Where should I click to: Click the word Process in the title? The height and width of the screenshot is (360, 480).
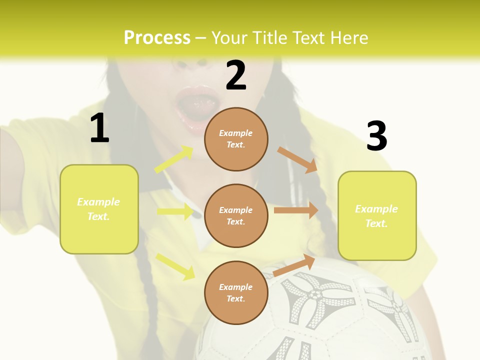click(157, 38)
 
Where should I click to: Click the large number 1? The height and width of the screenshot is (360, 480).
click(99, 128)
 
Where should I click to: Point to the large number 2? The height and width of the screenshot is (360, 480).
click(236, 75)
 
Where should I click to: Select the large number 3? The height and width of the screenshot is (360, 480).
click(376, 136)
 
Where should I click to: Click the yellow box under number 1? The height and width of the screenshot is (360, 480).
click(99, 209)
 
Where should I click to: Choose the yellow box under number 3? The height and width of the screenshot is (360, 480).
click(377, 215)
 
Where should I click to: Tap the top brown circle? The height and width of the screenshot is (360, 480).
click(236, 139)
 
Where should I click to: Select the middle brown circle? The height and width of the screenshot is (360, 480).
click(236, 215)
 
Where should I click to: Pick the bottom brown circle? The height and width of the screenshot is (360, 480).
click(236, 292)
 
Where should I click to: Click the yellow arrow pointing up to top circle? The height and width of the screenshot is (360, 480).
click(174, 159)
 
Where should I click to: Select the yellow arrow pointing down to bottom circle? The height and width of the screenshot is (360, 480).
click(175, 266)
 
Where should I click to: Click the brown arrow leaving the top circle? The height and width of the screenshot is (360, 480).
click(297, 160)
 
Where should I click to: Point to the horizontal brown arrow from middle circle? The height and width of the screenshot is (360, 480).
click(296, 210)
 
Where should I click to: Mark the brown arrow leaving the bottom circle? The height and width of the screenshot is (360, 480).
click(294, 265)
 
